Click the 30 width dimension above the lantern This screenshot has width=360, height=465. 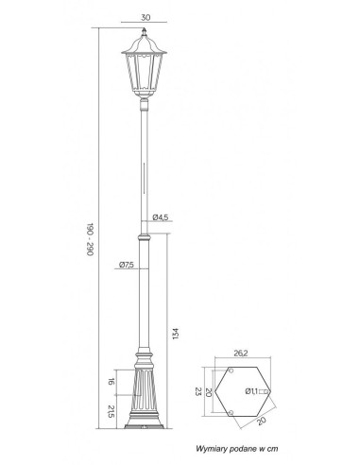[x=146, y=17]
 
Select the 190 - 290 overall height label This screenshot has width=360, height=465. [x=91, y=239]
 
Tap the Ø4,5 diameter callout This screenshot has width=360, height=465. [x=161, y=217]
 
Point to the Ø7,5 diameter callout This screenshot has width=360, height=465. [x=127, y=265]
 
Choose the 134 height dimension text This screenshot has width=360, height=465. [x=176, y=334]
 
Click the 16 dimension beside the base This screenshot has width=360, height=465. [x=111, y=382]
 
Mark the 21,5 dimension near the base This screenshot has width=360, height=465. [x=111, y=411]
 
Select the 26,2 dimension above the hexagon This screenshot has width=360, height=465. [x=241, y=353]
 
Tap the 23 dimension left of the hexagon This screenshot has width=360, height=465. [x=197, y=392]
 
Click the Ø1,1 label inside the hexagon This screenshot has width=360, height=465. [x=251, y=391]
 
